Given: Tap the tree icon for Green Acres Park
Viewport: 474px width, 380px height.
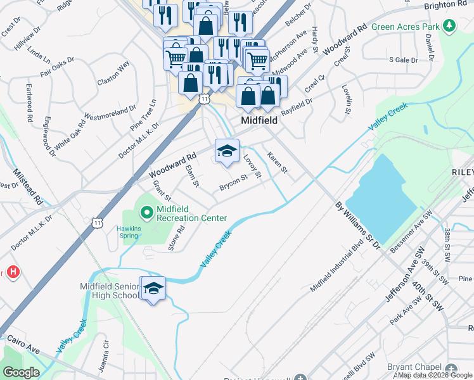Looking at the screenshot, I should click(x=449, y=26).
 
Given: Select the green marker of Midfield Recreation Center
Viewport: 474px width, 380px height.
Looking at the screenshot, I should click(x=146, y=212).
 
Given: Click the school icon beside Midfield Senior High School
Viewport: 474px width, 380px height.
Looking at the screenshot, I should click(x=153, y=288).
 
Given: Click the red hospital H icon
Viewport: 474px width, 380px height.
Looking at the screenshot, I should click(x=13, y=273).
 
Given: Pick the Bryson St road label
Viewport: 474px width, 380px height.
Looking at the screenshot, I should click(x=233, y=182).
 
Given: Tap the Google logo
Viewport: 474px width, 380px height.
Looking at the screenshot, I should click(x=21, y=372).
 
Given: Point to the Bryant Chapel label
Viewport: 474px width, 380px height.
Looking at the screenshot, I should click(x=413, y=367).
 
